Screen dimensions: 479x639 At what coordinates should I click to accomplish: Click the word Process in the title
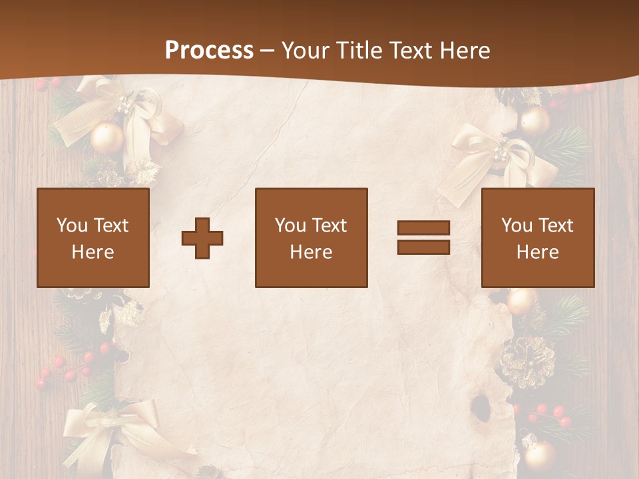pos(209,51)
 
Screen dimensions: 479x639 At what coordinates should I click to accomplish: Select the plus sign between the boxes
pos(202,238)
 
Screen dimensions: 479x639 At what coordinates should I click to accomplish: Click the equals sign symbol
pos(423,238)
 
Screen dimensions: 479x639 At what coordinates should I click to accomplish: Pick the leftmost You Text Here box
pos(93,238)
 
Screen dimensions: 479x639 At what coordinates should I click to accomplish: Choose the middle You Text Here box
pos(311,238)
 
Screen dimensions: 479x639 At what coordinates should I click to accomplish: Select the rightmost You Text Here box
pos(537,238)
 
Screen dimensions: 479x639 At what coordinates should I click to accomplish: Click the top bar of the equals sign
pos(423,228)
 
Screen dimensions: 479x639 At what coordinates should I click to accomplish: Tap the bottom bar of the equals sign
pos(423,247)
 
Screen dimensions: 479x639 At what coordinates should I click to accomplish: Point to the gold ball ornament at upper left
pos(107,138)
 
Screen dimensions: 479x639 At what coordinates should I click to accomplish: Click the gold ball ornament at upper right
pos(534,121)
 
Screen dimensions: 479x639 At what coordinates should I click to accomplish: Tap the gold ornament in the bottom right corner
pos(540,455)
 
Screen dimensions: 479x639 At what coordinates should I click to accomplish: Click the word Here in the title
pos(465,51)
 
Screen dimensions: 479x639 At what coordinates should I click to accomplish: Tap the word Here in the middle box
pos(311,252)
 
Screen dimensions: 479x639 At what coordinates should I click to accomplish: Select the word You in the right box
pos(516,226)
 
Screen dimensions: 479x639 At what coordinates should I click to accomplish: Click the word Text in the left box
pos(110,226)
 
